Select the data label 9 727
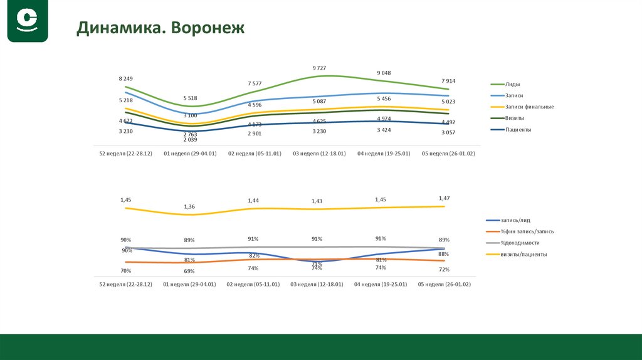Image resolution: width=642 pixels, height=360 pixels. tap(319, 68)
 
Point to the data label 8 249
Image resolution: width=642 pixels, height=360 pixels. tap(125, 78)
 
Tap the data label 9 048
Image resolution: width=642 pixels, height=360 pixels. tap(384, 73)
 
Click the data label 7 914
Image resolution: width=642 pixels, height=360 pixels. tap(448, 81)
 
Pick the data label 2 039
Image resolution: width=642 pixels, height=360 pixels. tap(190, 140)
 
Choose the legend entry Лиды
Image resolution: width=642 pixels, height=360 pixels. tap(513, 84)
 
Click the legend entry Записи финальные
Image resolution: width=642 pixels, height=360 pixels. tap(530, 107)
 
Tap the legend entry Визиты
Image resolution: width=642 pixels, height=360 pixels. tap(515, 118)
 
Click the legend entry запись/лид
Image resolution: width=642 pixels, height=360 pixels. tap(515, 220)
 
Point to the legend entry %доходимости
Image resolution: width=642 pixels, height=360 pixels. tap(520, 243)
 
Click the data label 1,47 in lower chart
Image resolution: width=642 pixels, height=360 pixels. tap(444, 198)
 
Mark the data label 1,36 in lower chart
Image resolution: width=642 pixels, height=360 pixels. tap(189, 206)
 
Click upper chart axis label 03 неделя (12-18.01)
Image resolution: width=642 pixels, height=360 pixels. tap(319, 153)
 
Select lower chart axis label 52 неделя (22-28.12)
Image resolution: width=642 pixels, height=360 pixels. tap(125, 284)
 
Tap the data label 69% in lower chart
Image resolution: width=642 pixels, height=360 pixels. tap(189, 271)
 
